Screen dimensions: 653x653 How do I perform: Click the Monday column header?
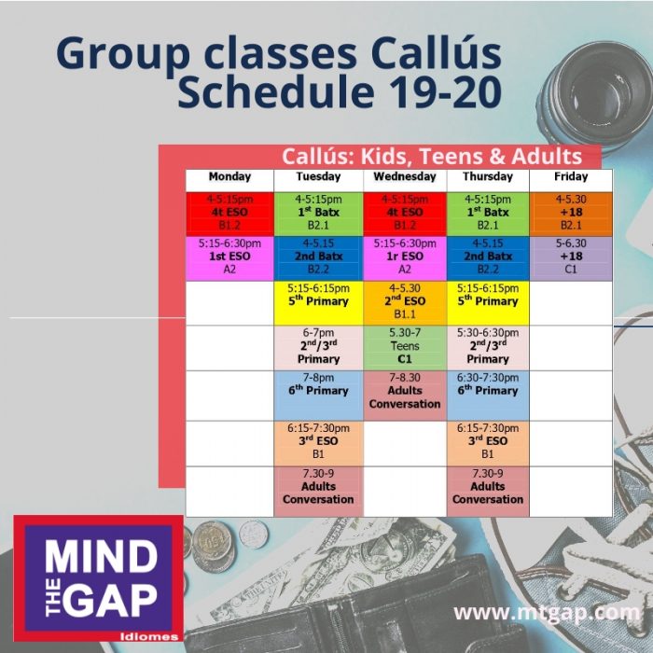click(x=229, y=176)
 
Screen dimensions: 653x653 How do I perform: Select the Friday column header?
click(x=571, y=176)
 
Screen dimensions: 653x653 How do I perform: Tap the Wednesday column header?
click(x=404, y=176)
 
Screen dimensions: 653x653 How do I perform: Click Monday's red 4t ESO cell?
click(x=229, y=214)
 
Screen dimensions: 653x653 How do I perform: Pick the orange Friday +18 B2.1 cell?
click(x=571, y=214)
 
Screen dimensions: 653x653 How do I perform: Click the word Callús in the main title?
click(x=436, y=52)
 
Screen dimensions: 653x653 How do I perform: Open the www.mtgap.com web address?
click(x=547, y=613)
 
